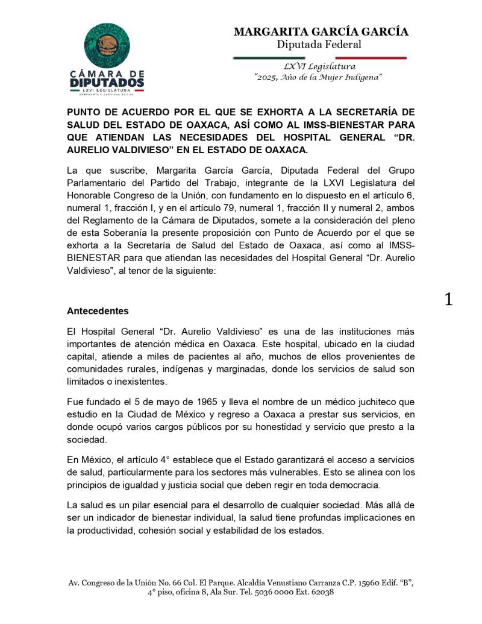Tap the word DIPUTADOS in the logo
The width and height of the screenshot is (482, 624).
point(107,81)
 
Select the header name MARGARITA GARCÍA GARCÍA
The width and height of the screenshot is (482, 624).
point(321,31)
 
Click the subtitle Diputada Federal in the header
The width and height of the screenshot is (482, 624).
point(319,44)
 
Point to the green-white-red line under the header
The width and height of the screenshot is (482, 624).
point(319,58)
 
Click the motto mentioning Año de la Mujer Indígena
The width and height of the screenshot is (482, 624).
point(319,78)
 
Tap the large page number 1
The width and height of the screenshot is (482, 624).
point(448,300)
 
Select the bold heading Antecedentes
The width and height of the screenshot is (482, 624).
point(98,312)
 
